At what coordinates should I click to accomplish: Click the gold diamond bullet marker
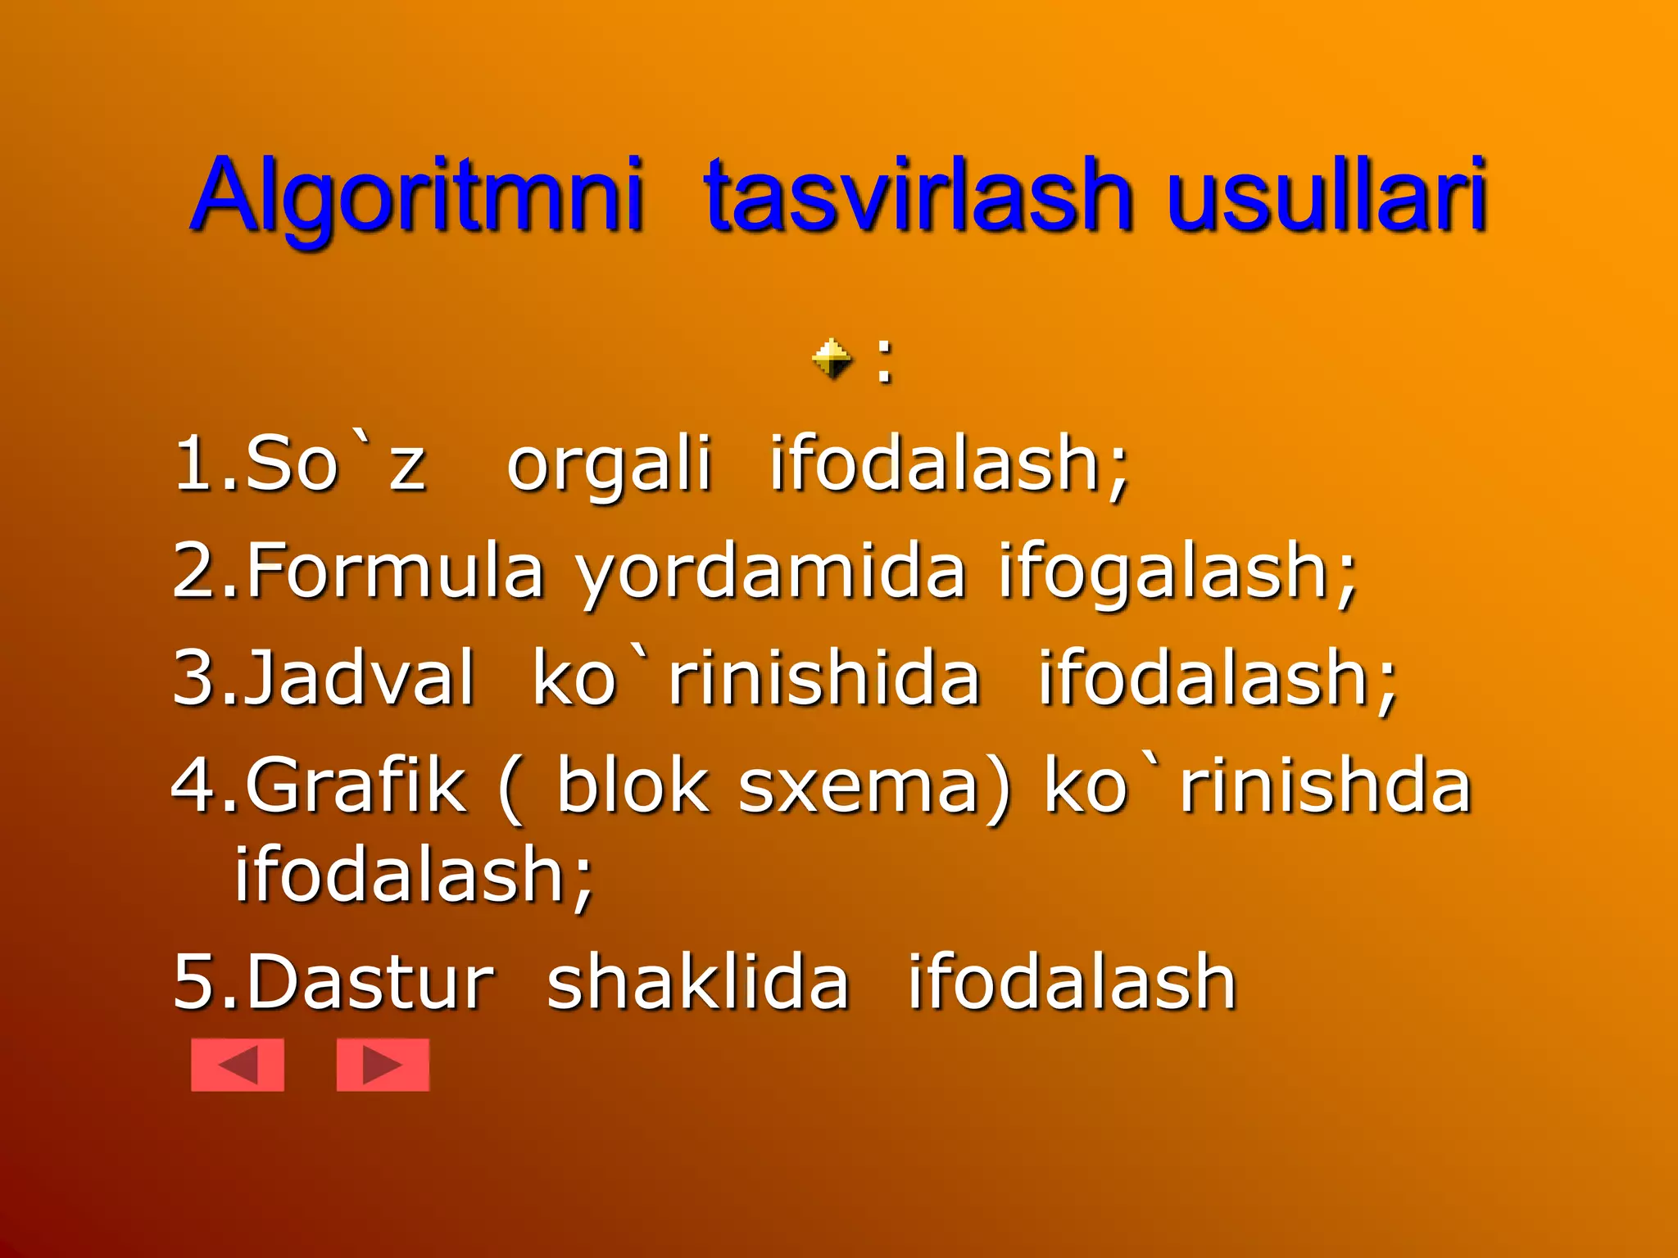[832, 359]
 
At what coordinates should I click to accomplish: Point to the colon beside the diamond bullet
[883, 360]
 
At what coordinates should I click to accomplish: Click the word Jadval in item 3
[359, 677]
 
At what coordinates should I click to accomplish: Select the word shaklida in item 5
[698, 983]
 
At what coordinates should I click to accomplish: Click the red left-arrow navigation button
[238, 1065]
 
